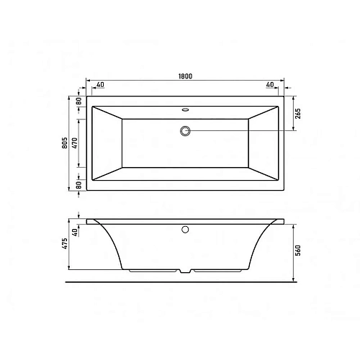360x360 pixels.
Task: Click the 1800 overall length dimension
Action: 186,77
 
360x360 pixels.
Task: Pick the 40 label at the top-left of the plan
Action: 99,85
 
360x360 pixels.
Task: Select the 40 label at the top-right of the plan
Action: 269,85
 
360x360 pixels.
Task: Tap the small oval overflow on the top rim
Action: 186,110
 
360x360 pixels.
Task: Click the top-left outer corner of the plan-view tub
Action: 86,96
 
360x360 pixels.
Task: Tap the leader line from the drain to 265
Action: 245,130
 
